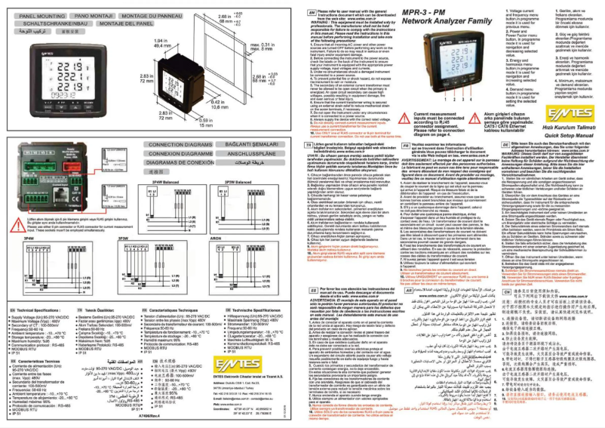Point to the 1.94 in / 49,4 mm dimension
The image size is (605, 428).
161,43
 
